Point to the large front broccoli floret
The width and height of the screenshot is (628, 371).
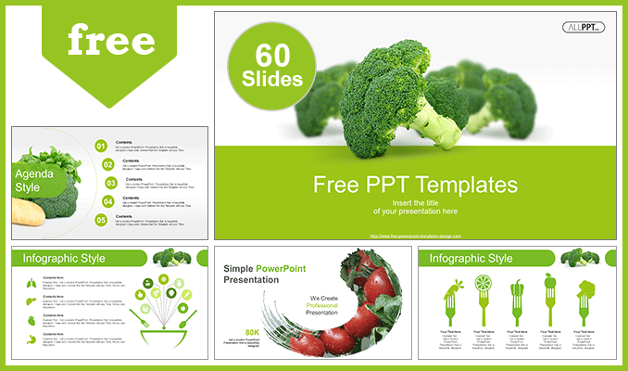(394, 97)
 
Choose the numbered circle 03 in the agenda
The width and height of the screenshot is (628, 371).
(109, 182)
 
